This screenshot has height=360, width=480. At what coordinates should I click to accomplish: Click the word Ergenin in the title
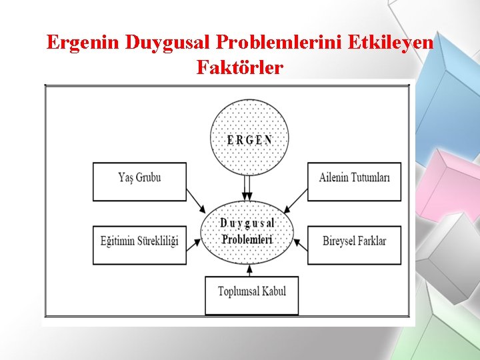point(83,43)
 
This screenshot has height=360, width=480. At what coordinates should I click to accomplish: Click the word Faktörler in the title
point(240,67)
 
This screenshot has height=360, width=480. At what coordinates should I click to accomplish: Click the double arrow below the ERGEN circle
point(247,187)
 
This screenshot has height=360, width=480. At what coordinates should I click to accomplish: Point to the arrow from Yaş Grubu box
point(195,199)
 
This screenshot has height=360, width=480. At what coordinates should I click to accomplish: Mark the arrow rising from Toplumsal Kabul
point(249,269)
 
